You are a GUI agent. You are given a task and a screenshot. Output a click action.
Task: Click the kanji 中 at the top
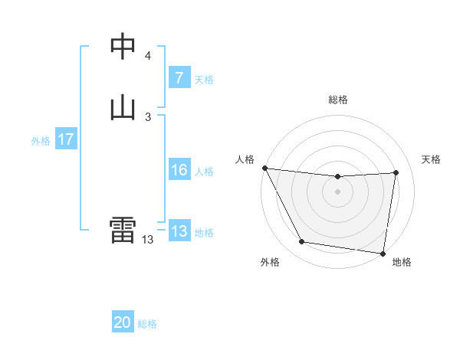(x=123, y=47)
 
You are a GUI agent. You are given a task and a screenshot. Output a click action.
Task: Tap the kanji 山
(x=123, y=107)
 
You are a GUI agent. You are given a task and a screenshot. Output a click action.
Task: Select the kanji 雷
(x=123, y=231)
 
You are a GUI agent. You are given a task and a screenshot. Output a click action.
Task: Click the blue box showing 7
(x=179, y=78)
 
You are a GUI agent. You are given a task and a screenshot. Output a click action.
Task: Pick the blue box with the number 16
(x=179, y=170)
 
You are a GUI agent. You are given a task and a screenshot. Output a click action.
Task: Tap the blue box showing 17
(x=66, y=140)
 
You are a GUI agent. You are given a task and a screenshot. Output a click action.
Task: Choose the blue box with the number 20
(x=123, y=322)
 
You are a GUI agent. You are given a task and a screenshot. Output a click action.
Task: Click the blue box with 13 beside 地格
(x=179, y=231)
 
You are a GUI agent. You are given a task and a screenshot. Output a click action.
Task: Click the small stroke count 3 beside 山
(x=147, y=116)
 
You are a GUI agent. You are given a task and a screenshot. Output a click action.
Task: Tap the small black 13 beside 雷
(x=147, y=240)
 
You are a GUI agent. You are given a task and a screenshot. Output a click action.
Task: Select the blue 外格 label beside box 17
(x=41, y=141)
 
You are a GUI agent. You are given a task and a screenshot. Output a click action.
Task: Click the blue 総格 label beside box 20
(x=147, y=324)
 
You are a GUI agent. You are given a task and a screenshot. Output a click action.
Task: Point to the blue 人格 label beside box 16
(x=204, y=172)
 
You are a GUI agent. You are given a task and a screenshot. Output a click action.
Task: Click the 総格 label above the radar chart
(x=337, y=100)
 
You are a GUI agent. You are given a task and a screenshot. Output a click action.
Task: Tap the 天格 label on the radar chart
(x=432, y=159)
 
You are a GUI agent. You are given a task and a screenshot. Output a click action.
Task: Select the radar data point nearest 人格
(x=264, y=168)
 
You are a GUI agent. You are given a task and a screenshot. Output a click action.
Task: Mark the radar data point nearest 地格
(x=383, y=253)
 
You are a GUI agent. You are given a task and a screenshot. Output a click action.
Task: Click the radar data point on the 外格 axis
(x=302, y=243)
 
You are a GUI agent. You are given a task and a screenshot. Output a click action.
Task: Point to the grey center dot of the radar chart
(x=337, y=191)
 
